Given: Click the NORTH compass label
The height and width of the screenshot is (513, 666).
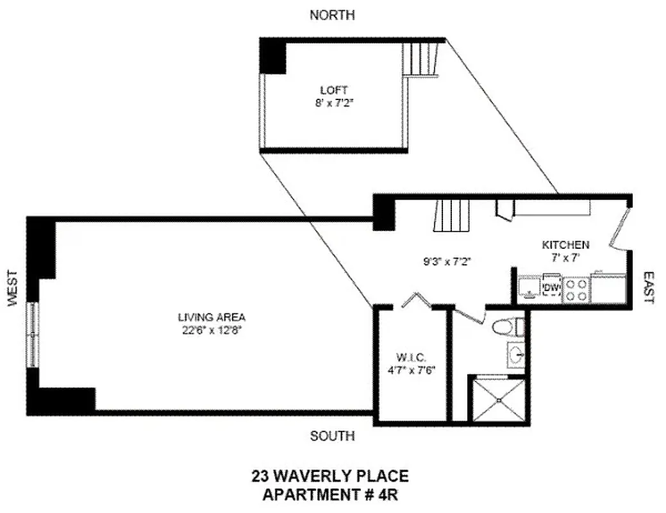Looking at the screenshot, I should coord(332,15).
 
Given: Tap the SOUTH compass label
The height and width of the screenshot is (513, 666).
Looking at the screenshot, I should coord(332,436).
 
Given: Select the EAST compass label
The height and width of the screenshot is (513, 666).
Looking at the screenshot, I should coord(649,287).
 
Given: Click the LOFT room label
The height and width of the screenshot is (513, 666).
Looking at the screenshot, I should coord(334,90).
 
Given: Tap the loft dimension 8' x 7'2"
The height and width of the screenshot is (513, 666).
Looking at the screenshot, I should coord(334,102).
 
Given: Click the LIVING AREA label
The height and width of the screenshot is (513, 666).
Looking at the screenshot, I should coord(212,317).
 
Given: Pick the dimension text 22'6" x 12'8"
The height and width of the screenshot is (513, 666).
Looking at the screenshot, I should coord(212,330).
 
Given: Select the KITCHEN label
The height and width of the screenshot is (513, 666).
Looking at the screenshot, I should coord(565,245).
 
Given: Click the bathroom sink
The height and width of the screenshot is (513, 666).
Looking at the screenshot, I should coord(516,354).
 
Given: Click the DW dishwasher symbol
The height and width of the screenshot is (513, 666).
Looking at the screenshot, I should coord(551,288).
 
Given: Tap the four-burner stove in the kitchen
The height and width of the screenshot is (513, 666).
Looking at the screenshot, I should coord(576,289).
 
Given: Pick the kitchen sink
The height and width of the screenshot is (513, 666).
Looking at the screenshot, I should coord(529,288).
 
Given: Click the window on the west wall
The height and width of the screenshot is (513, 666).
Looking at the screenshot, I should coord(33,334).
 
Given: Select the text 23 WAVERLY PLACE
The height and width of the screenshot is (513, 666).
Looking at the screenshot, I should coord(329,477).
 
